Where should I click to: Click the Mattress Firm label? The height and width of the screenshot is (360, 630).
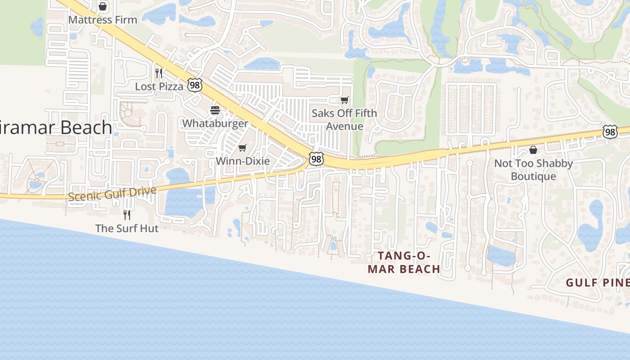pos(103,20)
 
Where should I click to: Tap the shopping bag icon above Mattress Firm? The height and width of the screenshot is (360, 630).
pos(103,7)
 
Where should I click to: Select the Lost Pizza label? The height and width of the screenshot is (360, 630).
pos(159,86)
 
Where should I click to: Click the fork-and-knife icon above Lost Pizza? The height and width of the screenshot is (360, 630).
pos(159,73)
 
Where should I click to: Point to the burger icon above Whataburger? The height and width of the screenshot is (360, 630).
pos(215,110)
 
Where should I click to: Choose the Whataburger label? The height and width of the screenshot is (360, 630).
pos(215,123)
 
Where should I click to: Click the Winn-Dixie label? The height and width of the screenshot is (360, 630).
pos(243,161)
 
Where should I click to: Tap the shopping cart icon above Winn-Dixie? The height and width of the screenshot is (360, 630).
pos(243,148)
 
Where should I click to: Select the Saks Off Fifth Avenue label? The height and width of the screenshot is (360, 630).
pos(345,120)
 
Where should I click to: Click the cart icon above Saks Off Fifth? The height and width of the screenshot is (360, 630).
pos(345,100)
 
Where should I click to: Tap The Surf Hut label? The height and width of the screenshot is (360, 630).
pos(127,228)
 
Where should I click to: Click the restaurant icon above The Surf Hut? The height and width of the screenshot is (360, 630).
pos(127,215)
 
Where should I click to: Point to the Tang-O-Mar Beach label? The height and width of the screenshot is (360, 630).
pos(404,262)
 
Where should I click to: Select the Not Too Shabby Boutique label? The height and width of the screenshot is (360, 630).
pos(533,170)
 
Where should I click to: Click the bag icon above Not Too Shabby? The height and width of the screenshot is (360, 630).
pos(533,150)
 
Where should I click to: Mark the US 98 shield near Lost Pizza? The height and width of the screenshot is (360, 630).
pos(195,85)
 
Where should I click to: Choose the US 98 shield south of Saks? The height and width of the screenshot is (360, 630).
pos(316,159)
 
